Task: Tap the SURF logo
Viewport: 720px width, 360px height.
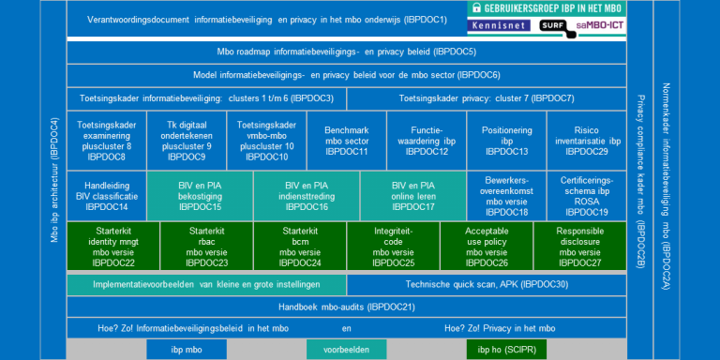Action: pyautogui.click(x=555, y=26)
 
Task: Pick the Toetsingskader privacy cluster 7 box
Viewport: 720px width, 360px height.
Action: pyautogui.click(x=487, y=97)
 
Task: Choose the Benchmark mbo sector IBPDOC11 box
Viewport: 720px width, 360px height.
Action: pyautogui.click(x=346, y=139)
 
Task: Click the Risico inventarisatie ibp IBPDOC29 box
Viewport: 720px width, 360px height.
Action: pyautogui.click(x=587, y=139)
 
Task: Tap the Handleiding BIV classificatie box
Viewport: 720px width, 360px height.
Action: pyautogui.click(x=106, y=195)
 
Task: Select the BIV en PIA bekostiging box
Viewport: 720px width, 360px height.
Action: pyautogui.click(x=200, y=195)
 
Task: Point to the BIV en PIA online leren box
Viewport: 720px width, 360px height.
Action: pyautogui.click(x=413, y=195)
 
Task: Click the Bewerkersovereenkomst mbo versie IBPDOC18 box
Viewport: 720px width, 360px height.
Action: pyautogui.click(x=507, y=195)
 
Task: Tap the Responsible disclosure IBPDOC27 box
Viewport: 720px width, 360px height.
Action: pyautogui.click(x=580, y=247)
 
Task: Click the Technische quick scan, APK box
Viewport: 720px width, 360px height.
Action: pyautogui.click(x=487, y=284)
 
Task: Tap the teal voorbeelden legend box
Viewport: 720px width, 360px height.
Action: pyautogui.click(x=346, y=350)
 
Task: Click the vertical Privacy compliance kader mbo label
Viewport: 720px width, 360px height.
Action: pyautogui.click(x=641, y=181)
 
